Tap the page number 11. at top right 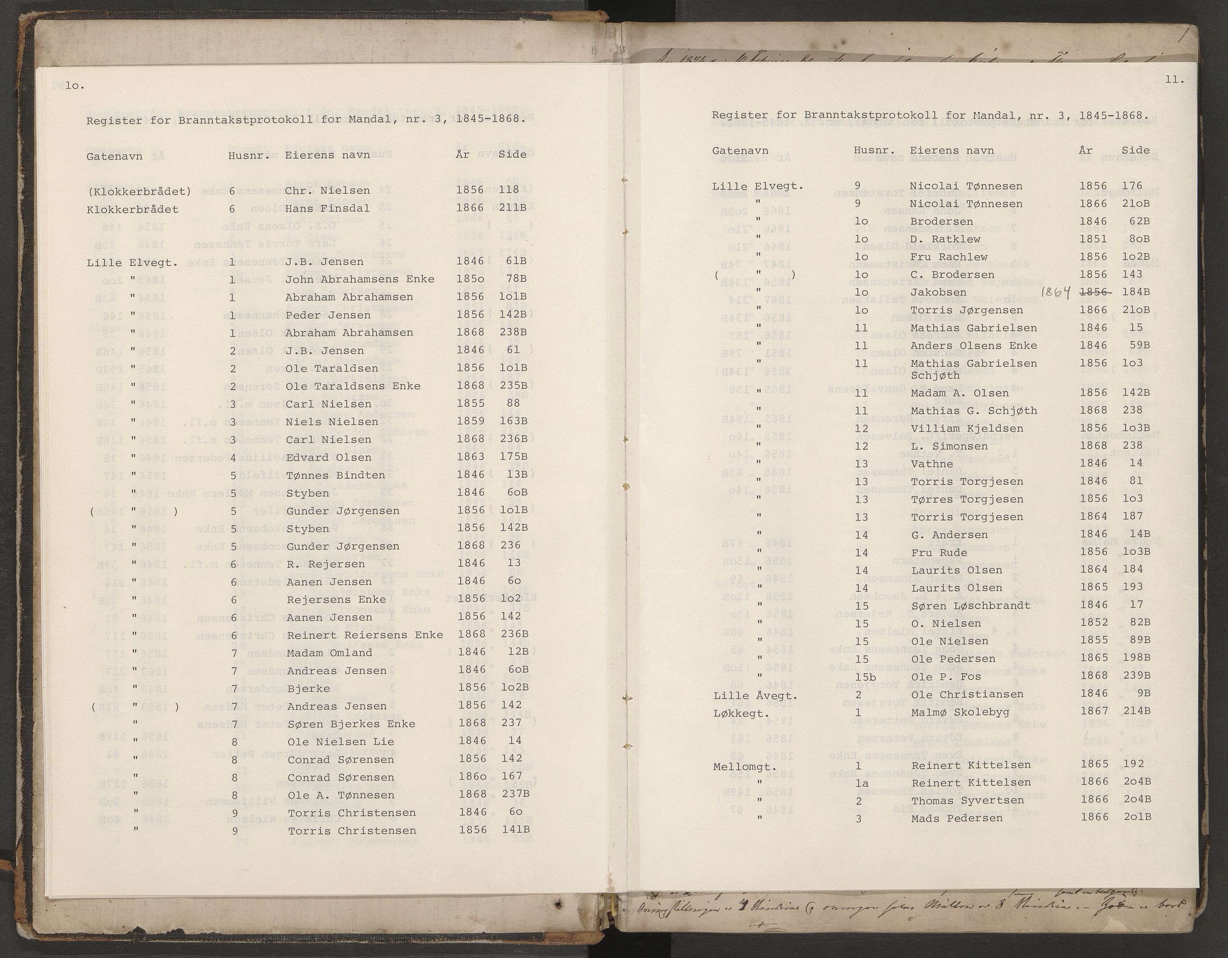click(x=1175, y=80)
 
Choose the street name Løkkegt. click(x=739, y=714)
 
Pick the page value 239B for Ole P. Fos click(x=1135, y=676)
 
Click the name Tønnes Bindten click(x=336, y=475)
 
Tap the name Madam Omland click(x=329, y=653)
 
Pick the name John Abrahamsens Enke click(x=359, y=279)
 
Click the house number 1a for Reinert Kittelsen click(x=861, y=783)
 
